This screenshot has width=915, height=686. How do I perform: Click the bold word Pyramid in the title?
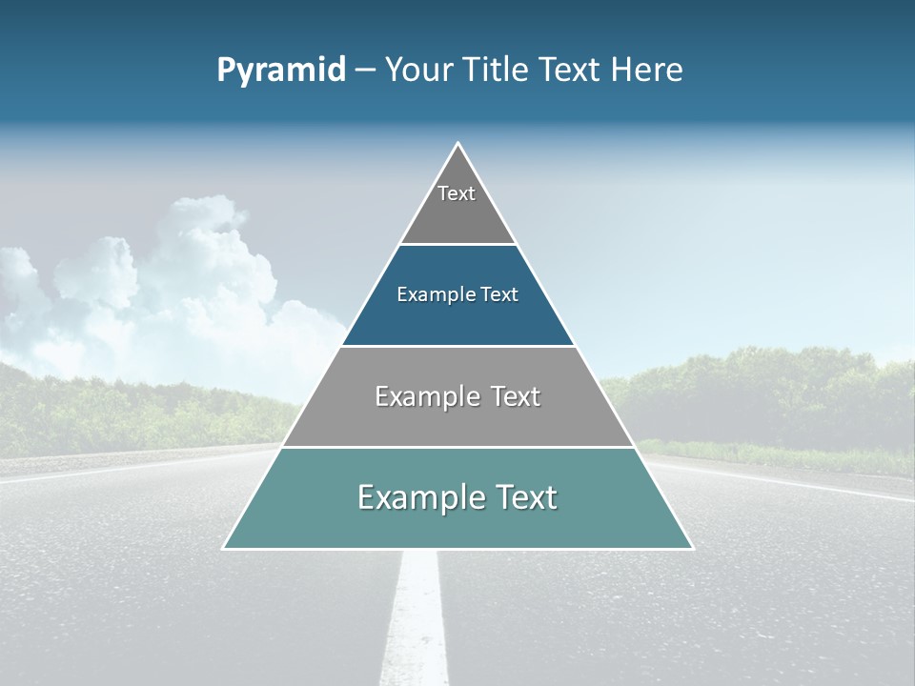coord(281,71)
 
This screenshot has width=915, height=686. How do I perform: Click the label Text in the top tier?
coord(457,193)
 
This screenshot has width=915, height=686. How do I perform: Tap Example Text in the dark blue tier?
coord(457,294)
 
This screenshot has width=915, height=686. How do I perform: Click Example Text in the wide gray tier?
coord(457,396)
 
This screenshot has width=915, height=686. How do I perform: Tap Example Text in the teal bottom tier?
coord(457,497)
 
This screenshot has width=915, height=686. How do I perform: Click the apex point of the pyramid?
coord(457,144)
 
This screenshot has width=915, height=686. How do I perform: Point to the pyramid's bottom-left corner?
coord(224,548)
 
